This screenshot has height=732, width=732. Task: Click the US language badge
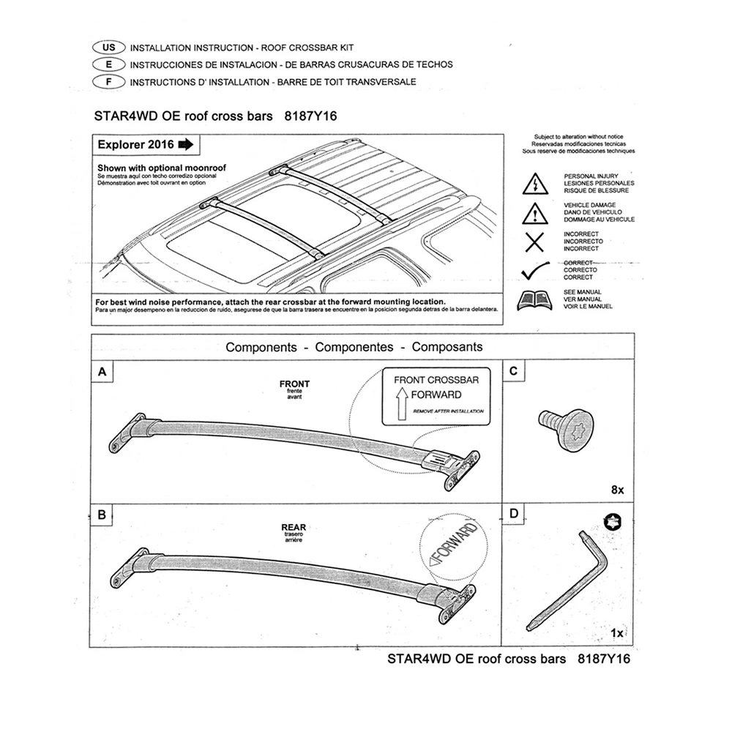pyautogui.click(x=108, y=47)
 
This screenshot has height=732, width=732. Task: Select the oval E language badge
pyautogui.click(x=108, y=64)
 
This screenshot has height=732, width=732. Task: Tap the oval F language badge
pyautogui.click(x=108, y=81)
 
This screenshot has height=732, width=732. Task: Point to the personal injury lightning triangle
pyautogui.click(x=535, y=184)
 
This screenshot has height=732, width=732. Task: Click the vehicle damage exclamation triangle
pyautogui.click(x=535, y=212)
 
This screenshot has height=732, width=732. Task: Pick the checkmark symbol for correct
pyautogui.click(x=537, y=271)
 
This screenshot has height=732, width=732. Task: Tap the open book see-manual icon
pyautogui.click(x=535, y=300)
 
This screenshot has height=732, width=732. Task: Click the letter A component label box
pyautogui.click(x=102, y=372)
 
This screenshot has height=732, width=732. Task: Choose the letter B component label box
pyautogui.click(x=102, y=515)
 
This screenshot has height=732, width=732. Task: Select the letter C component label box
pyautogui.click(x=513, y=372)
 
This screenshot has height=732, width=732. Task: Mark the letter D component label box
pyautogui.click(x=513, y=515)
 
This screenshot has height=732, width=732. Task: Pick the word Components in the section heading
pyautogui.click(x=261, y=347)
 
